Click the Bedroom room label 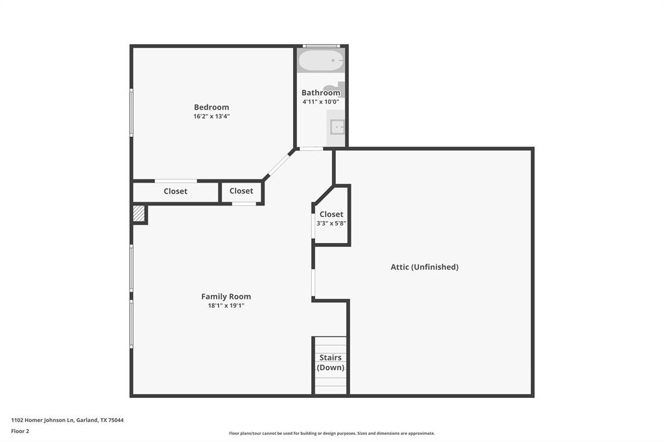point(211,108)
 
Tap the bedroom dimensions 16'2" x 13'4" point(211,117)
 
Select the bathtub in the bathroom point(320,61)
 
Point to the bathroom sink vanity point(336,128)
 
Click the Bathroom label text point(320,93)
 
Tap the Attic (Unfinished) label point(424,267)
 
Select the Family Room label point(226,297)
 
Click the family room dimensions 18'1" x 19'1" point(226,305)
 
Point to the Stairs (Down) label point(330,362)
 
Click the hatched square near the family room point(139,214)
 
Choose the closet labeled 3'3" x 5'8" point(331,218)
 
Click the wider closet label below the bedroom point(175,192)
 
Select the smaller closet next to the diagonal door point(241,191)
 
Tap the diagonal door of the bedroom point(279,163)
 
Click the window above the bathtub point(322,46)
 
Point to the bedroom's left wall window point(132,112)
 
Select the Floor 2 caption point(20,431)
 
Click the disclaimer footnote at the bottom point(331,434)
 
